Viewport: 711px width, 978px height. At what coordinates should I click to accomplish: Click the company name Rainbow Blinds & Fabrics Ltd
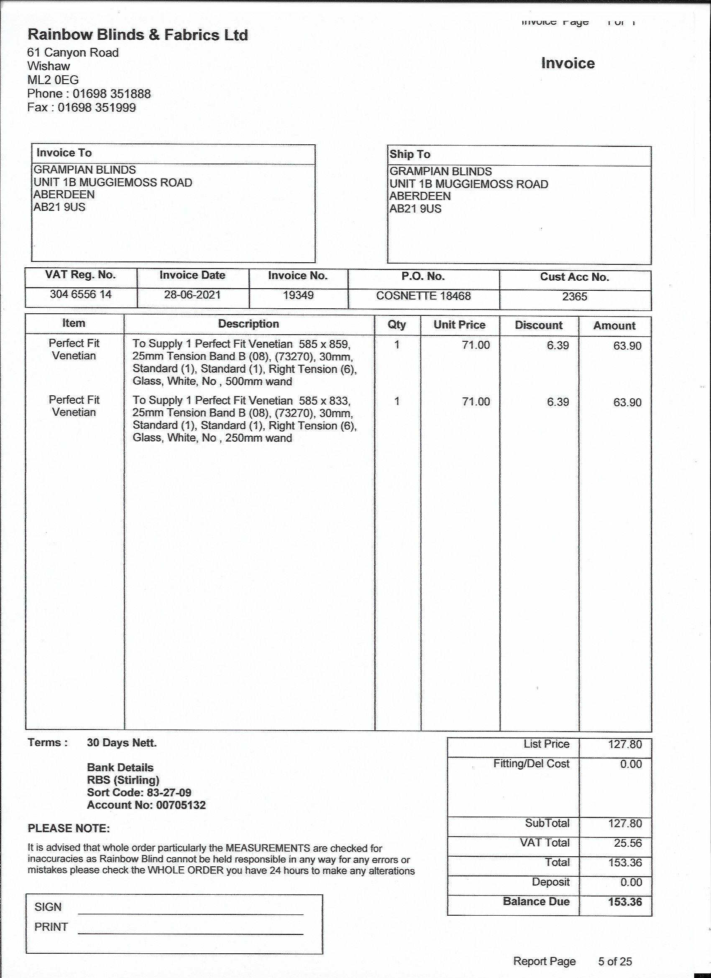point(138,35)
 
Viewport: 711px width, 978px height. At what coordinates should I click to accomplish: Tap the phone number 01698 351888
point(111,94)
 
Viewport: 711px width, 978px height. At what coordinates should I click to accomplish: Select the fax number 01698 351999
point(97,108)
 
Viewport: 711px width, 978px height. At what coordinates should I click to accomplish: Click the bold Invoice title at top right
point(568,64)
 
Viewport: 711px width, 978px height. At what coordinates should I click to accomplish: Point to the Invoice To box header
point(64,153)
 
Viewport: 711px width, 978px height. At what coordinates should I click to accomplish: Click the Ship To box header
point(409,154)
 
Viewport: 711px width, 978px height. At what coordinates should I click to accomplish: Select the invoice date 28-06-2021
point(192,295)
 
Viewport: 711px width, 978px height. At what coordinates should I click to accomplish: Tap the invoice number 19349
point(298,295)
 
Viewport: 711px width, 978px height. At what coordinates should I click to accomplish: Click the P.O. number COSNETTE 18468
point(423,296)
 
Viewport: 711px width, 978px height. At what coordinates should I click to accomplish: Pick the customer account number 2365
point(574,297)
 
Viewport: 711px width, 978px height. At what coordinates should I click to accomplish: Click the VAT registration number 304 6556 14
point(81,294)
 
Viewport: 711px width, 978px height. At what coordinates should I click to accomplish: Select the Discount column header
point(539,325)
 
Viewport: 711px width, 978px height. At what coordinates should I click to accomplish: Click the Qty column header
point(396,324)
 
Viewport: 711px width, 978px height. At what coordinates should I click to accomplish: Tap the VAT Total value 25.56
point(627,843)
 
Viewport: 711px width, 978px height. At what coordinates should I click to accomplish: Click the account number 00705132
point(181,805)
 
